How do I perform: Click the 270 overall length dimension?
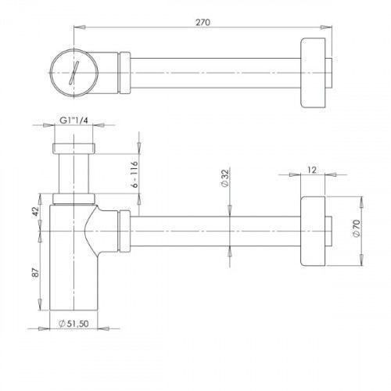[203, 23]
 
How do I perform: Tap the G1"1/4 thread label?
[74, 120]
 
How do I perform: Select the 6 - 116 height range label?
[135, 174]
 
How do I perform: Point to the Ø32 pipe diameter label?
[225, 178]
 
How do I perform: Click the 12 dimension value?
[312, 170]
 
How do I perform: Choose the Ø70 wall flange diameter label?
[357, 228]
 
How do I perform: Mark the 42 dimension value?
[35, 211]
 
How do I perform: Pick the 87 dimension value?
[36, 272]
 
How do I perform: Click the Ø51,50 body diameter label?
[74, 324]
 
